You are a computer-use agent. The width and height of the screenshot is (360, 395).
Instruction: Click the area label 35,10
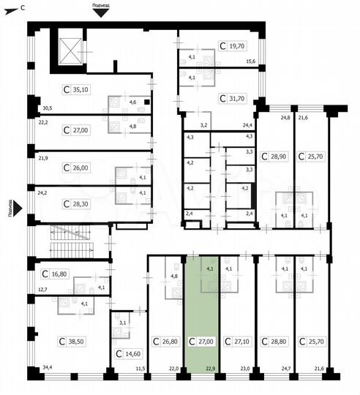80,90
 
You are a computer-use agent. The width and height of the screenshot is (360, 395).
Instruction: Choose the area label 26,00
80,168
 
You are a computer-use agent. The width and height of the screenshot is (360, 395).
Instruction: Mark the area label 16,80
59,274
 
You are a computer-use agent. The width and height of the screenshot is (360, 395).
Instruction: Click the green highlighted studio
202,315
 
